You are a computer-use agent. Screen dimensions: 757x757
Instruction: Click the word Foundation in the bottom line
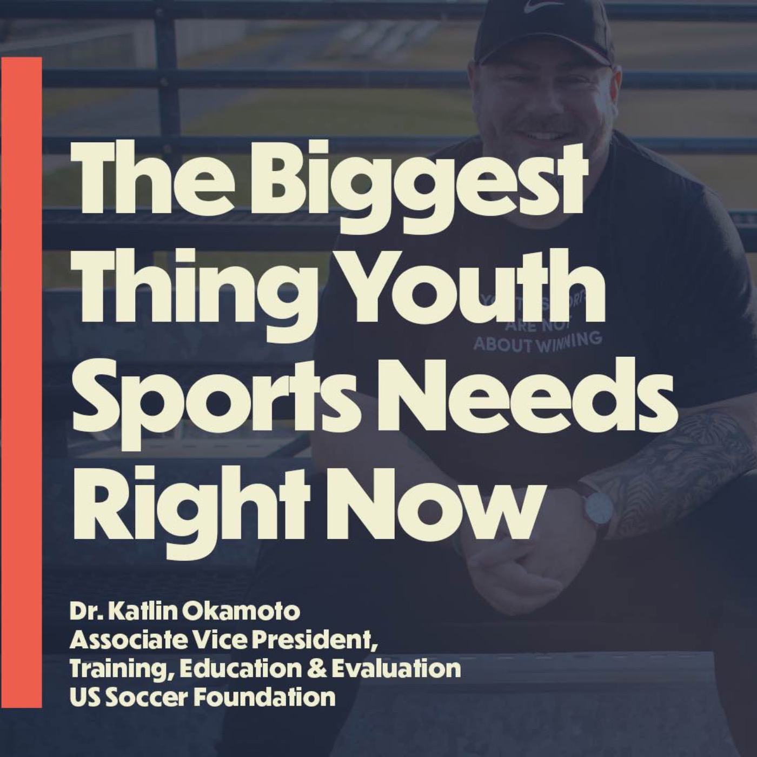264,697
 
